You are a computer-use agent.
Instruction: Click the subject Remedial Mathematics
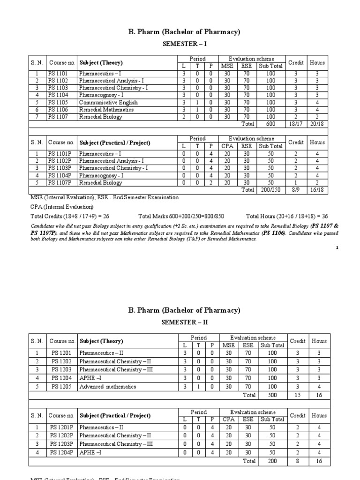click(x=106, y=109)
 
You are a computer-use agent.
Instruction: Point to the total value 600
click(x=271, y=124)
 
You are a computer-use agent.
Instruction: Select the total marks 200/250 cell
click(x=270, y=190)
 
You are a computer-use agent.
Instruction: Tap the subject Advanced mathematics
click(x=108, y=386)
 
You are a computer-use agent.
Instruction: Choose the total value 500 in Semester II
click(x=271, y=395)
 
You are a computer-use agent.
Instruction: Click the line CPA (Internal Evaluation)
click(x=62, y=207)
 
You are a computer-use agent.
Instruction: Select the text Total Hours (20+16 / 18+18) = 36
click(x=287, y=217)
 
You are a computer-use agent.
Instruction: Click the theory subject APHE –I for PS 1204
click(x=92, y=377)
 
